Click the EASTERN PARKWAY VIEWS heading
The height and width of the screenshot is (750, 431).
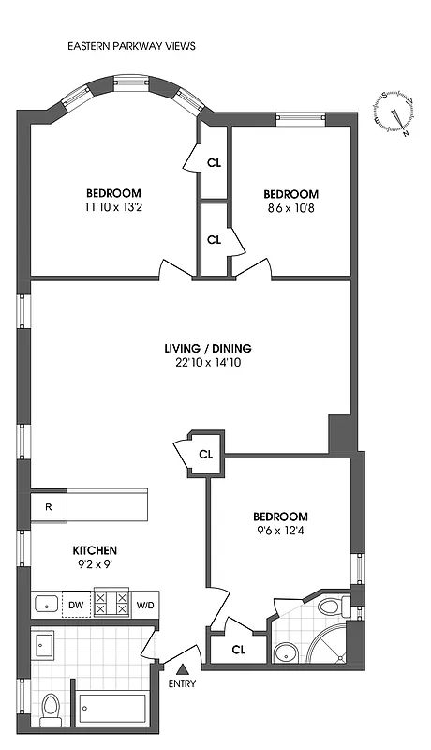pos(131,45)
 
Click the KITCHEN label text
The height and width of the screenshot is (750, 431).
pos(96,550)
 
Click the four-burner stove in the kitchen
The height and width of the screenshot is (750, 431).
pos(112,603)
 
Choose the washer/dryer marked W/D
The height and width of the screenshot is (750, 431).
pos(145,605)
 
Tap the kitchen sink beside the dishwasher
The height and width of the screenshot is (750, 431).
pos(45,604)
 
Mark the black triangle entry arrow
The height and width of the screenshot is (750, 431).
pos(183,668)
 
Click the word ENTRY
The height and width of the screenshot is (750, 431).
pos(183,684)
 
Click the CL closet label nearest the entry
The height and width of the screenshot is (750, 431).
pos(238,649)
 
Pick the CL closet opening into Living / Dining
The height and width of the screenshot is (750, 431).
pos(206,454)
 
